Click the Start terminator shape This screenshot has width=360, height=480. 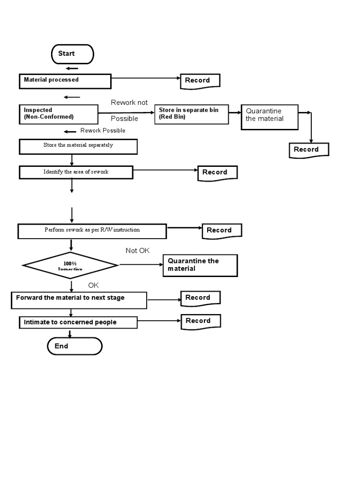pyautogui.click(x=72, y=54)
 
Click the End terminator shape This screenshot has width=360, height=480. pyautogui.click(x=75, y=346)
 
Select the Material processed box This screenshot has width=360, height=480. pyautogui.click(x=65, y=81)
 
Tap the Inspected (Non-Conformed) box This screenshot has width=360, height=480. pyautogui.click(x=59, y=114)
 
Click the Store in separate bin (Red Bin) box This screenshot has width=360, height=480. pyautogui.click(x=192, y=114)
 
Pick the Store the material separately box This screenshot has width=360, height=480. pyautogui.click(x=78, y=146)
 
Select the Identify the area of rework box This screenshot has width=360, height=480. pyautogui.click(x=76, y=172)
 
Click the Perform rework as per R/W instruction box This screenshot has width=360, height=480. pyautogui.click(x=92, y=231)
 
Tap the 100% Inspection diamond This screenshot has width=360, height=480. pyautogui.click(x=70, y=266)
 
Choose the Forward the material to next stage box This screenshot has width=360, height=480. pyautogui.click(x=79, y=300)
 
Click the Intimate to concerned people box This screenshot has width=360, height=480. pyautogui.click(x=78, y=322)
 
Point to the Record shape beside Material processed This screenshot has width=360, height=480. pyautogui.click(x=200, y=81)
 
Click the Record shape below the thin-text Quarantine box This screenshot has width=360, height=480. pyautogui.click(x=308, y=150)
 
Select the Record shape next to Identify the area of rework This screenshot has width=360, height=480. pyautogui.click(x=217, y=172)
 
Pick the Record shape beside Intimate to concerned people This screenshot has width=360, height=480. pyautogui.click(x=200, y=321)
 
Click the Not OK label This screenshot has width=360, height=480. pyautogui.click(x=138, y=251)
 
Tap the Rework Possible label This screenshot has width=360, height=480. pyautogui.click(x=103, y=131)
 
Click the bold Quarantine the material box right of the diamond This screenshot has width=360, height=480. pyautogui.click(x=200, y=265)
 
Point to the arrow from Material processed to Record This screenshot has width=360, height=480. pyautogui.click(x=146, y=78)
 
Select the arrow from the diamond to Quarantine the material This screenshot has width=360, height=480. pyautogui.click(x=141, y=265)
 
